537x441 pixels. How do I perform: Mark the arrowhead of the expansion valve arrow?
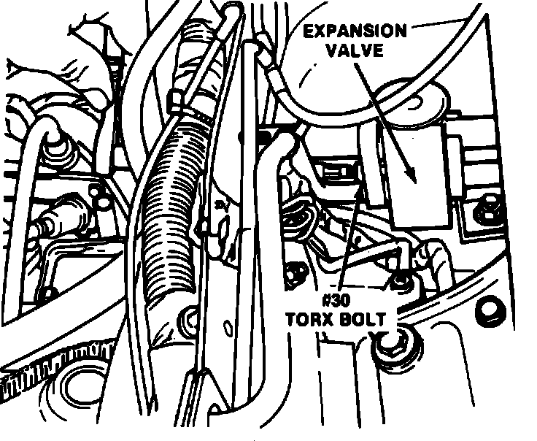[x=414, y=177]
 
